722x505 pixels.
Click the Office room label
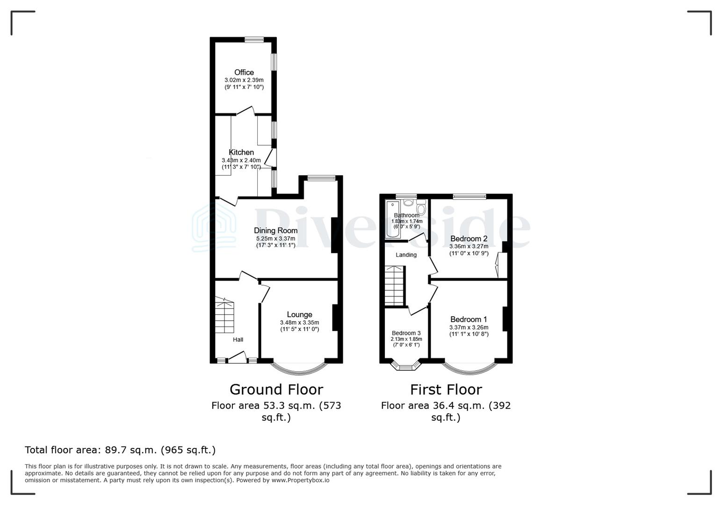(x=244, y=72)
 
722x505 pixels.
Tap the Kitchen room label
(x=241, y=152)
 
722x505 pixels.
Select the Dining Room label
(x=275, y=230)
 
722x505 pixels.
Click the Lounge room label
(x=299, y=315)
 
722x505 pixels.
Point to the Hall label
(x=238, y=339)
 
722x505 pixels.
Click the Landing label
(x=406, y=255)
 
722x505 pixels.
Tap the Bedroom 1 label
(x=469, y=319)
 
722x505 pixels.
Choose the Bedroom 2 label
(x=469, y=238)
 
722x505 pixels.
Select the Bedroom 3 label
(x=406, y=333)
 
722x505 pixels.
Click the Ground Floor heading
(x=276, y=389)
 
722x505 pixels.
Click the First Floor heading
(x=446, y=389)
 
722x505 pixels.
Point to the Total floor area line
(x=120, y=450)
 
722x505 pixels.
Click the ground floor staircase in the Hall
(x=224, y=316)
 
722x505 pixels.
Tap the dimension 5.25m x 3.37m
(x=275, y=238)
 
